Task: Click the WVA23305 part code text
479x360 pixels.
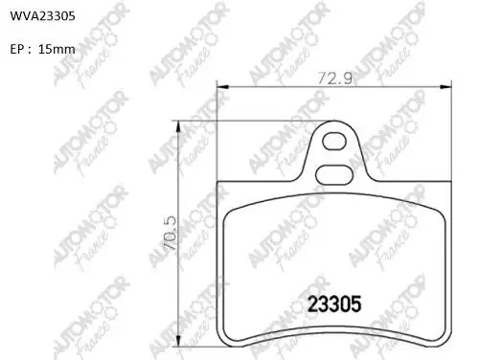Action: [43, 16]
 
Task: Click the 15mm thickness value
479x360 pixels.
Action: [57, 49]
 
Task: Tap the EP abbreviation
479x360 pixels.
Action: [17, 50]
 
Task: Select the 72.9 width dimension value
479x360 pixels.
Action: [334, 79]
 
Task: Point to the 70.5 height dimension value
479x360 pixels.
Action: [170, 233]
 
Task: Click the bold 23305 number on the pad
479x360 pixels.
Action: [334, 304]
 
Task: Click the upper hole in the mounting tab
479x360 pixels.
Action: [334, 141]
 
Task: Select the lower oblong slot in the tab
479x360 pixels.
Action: [334, 174]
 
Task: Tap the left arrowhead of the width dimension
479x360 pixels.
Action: [223, 87]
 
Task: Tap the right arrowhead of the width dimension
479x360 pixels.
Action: [445, 87]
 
